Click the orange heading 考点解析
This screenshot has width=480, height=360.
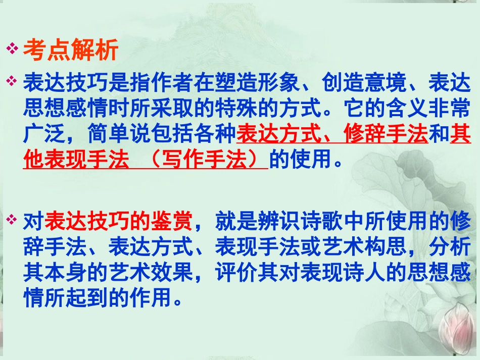[71, 50]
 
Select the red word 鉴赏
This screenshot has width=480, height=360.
[172, 221]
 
